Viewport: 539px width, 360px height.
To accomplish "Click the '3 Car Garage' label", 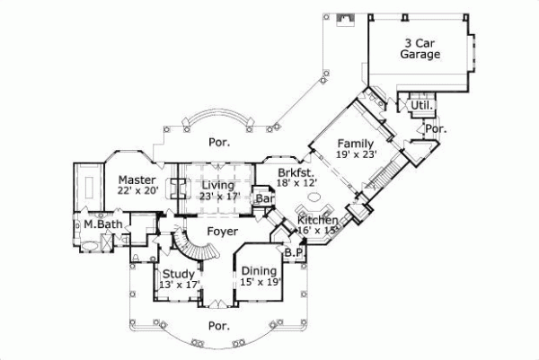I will (420, 48).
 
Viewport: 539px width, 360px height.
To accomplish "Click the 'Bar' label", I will (265, 198).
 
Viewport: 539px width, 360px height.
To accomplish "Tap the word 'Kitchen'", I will (318, 220).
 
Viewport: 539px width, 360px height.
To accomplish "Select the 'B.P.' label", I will (293, 253).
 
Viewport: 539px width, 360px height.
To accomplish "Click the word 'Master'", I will (137, 180).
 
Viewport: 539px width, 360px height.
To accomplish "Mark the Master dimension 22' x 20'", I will (137, 191).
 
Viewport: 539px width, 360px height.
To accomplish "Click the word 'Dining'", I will (260, 270).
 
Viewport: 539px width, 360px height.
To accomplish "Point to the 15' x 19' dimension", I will (260, 282).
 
